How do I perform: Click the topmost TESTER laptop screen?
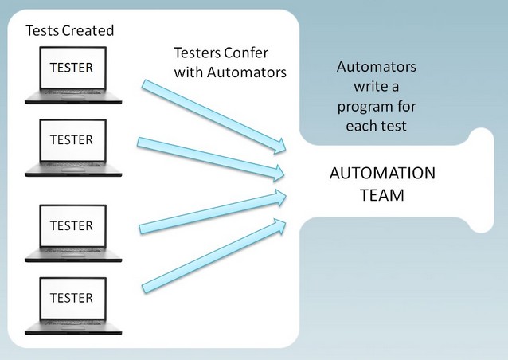(71, 67)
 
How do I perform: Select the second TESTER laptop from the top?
(71, 140)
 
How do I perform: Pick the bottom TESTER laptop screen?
(71, 298)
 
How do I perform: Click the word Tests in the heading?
(43, 31)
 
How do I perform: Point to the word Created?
(88, 31)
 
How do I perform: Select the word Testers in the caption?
(197, 54)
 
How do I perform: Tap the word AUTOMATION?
(382, 174)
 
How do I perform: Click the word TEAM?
(382, 194)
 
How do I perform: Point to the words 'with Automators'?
(231, 73)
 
